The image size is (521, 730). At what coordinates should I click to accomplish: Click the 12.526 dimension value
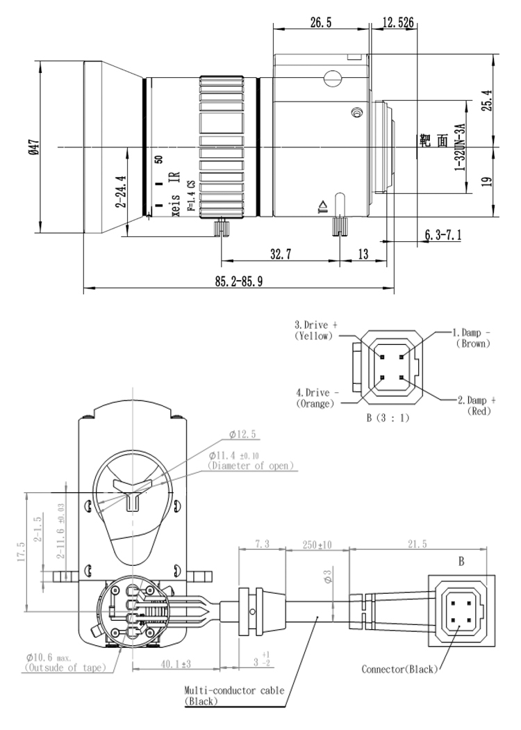click(398, 22)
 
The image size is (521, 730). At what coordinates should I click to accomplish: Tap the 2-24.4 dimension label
click(120, 192)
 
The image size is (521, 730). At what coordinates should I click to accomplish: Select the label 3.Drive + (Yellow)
click(315, 330)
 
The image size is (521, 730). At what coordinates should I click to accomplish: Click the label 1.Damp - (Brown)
click(472, 338)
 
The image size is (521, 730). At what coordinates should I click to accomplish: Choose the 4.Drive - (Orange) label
click(315, 397)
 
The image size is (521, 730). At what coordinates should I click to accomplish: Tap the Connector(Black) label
click(399, 670)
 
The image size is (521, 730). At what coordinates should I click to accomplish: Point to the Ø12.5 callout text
click(243, 435)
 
